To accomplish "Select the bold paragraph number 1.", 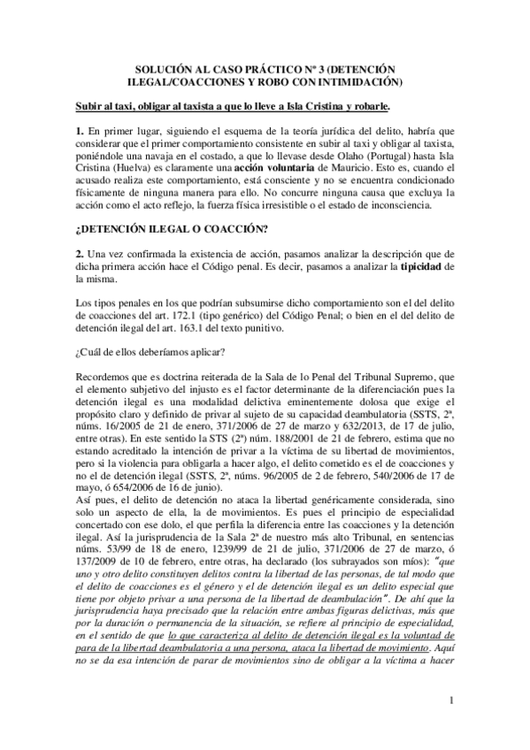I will coord(79,131).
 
